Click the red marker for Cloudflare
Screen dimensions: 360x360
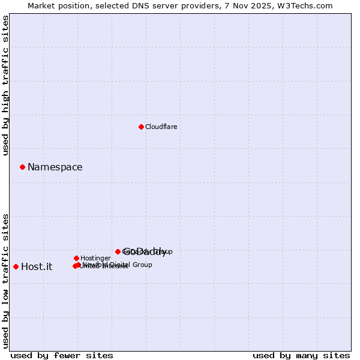click(x=141, y=127)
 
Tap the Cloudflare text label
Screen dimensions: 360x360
click(x=161, y=127)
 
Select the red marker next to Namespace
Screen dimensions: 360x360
click(x=22, y=167)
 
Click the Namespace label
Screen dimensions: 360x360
click(x=55, y=167)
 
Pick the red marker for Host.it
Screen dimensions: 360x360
click(x=16, y=266)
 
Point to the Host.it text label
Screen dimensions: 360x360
click(x=37, y=267)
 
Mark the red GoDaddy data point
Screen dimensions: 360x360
click(x=118, y=251)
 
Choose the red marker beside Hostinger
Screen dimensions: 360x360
click(x=76, y=258)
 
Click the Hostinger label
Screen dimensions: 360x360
click(x=95, y=258)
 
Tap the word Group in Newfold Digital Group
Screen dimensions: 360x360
click(x=142, y=265)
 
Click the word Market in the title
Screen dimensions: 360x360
click(x=41, y=5)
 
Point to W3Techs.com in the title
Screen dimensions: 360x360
click(x=308, y=5)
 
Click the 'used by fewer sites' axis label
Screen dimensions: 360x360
click(x=62, y=355)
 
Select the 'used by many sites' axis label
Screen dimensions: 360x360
click(x=301, y=355)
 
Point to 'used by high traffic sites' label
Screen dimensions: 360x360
click(x=5, y=85)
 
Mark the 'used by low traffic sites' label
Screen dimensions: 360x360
click(x=5, y=280)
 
